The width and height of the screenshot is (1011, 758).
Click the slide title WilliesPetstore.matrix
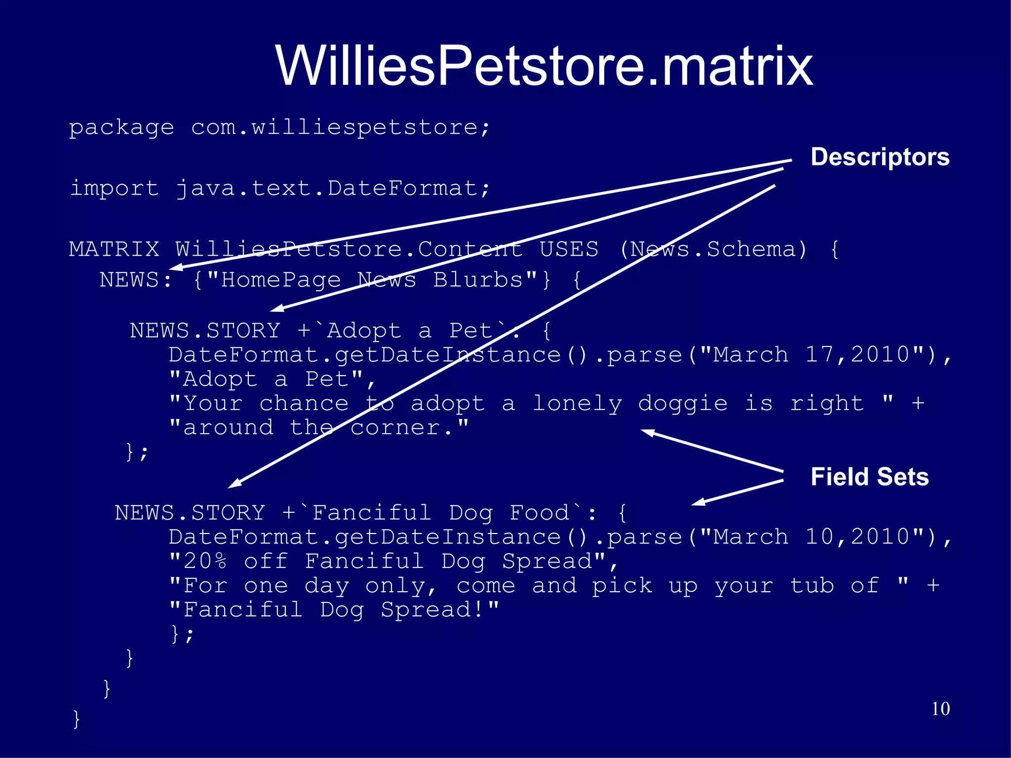point(544,66)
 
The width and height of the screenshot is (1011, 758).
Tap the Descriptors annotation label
point(880,157)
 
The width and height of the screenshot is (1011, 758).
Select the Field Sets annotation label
point(869,477)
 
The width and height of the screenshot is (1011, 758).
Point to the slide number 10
point(940,709)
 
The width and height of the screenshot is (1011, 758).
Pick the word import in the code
point(114,188)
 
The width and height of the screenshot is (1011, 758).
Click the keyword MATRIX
point(114,249)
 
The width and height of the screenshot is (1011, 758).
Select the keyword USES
point(569,249)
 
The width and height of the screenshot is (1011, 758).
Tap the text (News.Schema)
point(713,249)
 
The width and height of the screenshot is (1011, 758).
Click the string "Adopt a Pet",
point(272,379)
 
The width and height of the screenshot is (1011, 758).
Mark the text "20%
point(197,561)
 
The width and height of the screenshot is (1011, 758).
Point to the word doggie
point(683,404)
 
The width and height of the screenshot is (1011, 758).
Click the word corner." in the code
point(409,428)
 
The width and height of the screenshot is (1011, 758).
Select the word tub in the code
point(812,586)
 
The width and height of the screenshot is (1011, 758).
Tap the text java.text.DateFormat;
point(333,188)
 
